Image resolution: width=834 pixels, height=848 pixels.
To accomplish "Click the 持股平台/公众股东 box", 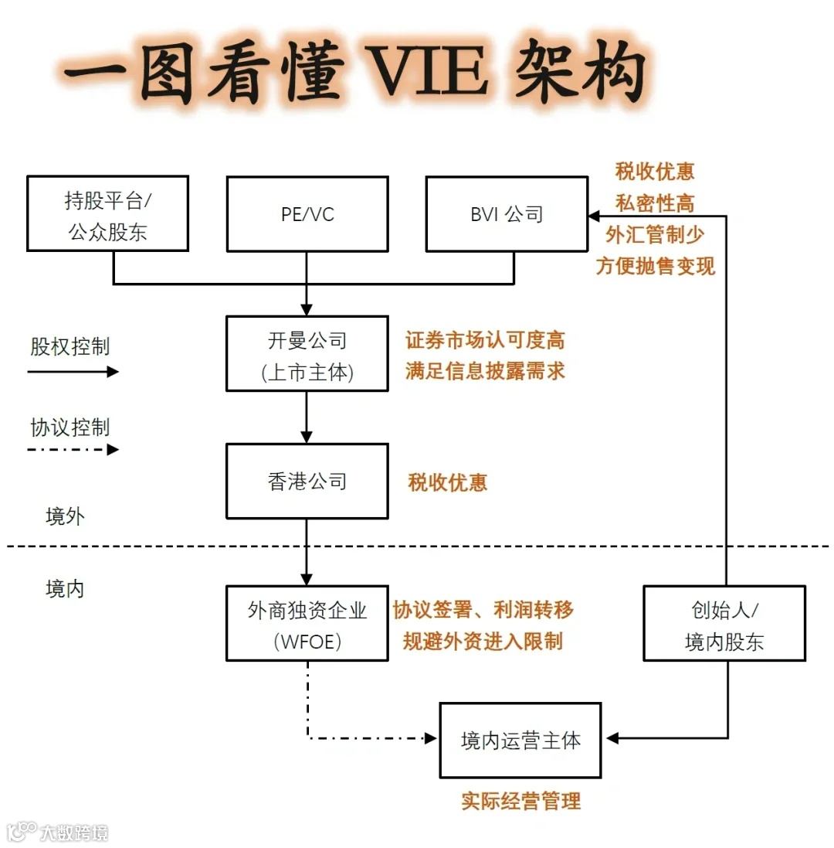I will pyautogui.click(x=107, y=213).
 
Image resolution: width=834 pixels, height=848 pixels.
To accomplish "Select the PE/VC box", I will pyautogui.click(x=307, y=213).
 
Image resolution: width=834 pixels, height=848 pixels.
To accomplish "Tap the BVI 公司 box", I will pyautogui.click(x=507, y=213).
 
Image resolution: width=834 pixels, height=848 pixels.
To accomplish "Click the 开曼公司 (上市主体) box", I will pyautogui.click(x=307, y=353).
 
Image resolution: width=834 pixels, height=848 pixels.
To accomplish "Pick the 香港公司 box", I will pyautogui.click(x=307, y=481).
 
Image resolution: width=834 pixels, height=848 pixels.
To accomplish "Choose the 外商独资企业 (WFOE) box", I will pyautogui.click(x=307, y=623).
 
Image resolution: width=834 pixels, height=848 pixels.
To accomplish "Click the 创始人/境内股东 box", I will pyautogui.click(x=724, y=623).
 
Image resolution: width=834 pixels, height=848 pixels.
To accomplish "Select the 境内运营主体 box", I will pyautogui.click(x=520, y=740).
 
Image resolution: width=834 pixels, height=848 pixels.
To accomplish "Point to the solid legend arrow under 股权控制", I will pyautogui.click(x=73, y=372).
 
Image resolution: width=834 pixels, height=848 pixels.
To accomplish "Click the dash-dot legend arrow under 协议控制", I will pyautogui.click(x=73, y=449).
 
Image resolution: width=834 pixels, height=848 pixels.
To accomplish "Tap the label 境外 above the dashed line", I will pyautogui.click(x=65, y=516).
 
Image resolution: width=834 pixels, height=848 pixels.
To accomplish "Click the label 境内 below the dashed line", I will pyautogui.click(x=65, y=589).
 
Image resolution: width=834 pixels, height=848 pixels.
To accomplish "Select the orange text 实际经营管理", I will pyautogui.click(x=520, y=801).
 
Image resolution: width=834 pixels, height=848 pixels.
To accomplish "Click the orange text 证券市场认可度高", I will pyautogui.click(x=485, y=339).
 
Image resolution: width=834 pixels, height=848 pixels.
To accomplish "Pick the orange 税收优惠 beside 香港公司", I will pyautogui.click(x=448, y=483).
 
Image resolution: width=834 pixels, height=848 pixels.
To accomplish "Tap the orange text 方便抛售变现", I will pyautogui.click(x=656, y=266).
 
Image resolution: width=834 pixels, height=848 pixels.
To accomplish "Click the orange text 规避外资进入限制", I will pyautogui.click(x=483, y=641).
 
